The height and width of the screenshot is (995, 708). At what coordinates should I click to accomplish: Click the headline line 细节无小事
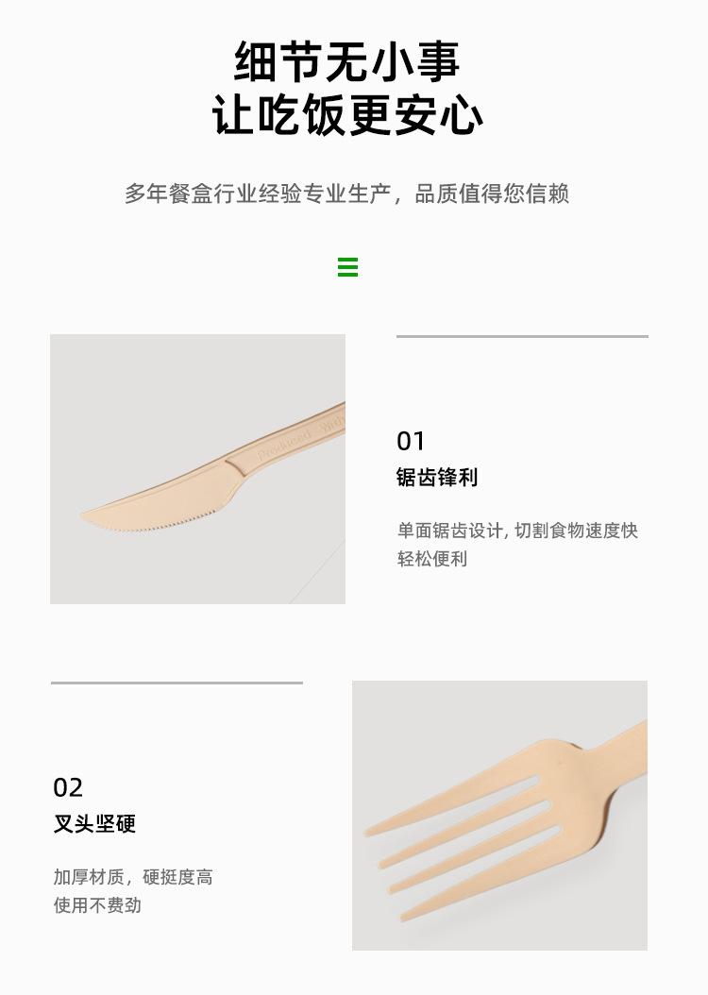347,61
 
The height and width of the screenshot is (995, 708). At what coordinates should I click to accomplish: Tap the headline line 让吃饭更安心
347,115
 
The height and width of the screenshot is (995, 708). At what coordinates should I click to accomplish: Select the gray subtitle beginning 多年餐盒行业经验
346,194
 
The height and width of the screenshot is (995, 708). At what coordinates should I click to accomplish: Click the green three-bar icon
347,267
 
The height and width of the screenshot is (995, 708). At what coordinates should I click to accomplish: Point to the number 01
411,441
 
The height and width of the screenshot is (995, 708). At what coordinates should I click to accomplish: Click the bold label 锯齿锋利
437,477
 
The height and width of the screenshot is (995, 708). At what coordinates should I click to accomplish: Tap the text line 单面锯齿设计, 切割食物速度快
517,531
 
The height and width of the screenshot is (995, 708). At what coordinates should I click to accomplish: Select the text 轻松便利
432,559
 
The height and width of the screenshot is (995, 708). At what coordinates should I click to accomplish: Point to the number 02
68,787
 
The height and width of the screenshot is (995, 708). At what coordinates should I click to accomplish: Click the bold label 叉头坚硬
94,824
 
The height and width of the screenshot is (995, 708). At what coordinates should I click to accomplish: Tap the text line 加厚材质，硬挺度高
133,877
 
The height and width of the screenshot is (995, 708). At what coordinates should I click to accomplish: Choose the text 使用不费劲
97,905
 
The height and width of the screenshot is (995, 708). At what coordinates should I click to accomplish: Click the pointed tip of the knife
82,514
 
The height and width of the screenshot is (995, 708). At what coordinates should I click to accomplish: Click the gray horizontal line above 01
522,336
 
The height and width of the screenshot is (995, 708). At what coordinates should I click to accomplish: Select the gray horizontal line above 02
177,683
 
